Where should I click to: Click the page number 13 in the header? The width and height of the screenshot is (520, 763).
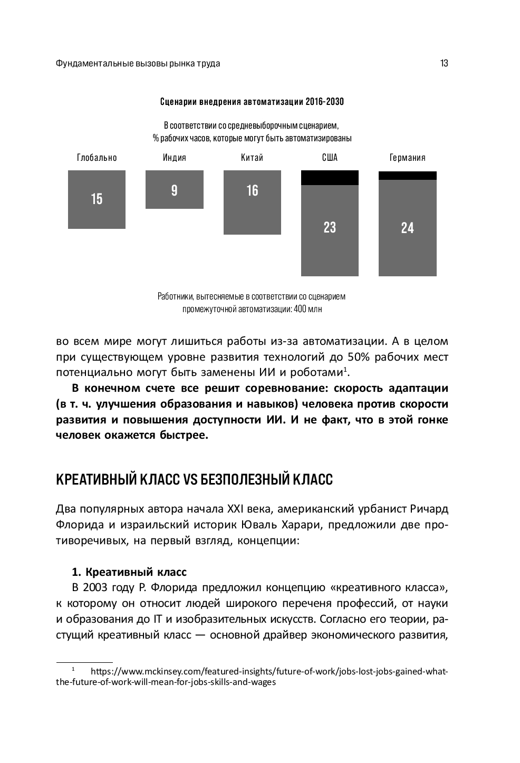(444, 63)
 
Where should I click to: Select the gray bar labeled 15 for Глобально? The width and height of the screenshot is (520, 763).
(97, 199)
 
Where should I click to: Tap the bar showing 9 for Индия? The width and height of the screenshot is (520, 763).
(174, 189)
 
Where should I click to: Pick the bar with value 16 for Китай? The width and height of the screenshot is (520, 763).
(252, 202)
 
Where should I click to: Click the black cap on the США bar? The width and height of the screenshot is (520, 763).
(330, 178)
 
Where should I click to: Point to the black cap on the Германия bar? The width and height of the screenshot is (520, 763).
(407, 176)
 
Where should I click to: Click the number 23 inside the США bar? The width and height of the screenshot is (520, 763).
(330, 227)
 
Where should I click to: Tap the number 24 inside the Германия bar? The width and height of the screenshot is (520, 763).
(407, 228)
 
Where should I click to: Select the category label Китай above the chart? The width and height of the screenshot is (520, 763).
(252, 158)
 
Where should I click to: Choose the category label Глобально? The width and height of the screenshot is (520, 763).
(97, 158)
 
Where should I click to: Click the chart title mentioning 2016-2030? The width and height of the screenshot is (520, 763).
(252, 101)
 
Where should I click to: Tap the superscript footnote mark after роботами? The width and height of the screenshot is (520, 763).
(345, 369)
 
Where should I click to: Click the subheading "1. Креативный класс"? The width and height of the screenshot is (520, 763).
(129, 572)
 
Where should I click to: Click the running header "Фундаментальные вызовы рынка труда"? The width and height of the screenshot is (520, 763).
(138, 63)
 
